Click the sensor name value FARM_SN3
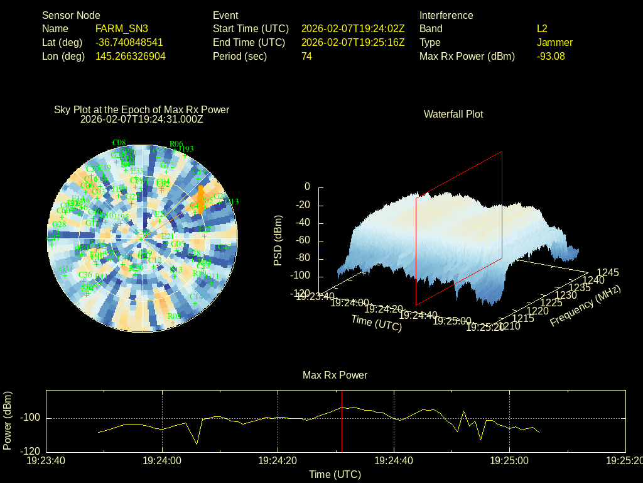(x=122, y=28)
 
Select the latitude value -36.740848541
(x=129, y=42)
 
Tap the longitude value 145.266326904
(x=130, y=56)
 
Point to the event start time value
(x=353, y=28)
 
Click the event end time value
(x=353, y=42)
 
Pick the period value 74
(x=306, y=56)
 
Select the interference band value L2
(x=542, y=28)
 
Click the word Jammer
(x=554, y=42)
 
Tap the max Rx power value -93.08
(x=551, y=56)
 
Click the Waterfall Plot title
(x=453, y=114)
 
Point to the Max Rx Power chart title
(x=335, y=375)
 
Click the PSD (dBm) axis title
(x=278, y=240)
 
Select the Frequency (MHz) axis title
(x=585, y=306)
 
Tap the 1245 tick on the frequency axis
(x=607, y=272)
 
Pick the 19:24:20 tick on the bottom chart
(x=278, y=461)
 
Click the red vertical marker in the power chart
(x=342, y=421)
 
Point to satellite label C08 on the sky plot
(x=119, y=142)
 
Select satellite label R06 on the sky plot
(x=176, y=144)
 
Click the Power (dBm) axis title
(x=8, y=420)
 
